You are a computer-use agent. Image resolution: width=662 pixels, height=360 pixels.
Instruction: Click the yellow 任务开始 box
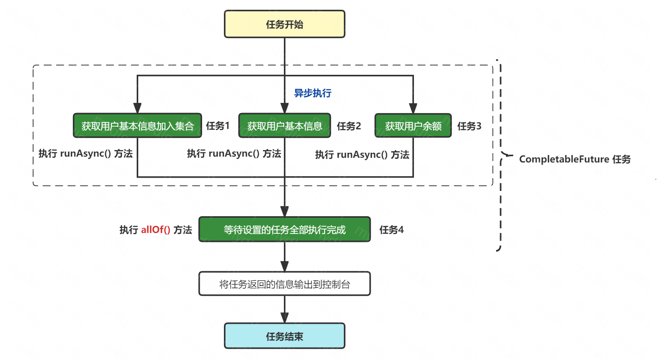pyautogui.click(x=285, y=24)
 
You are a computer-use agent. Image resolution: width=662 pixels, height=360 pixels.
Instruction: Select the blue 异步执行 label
pyautogui.click(x=313, y=93)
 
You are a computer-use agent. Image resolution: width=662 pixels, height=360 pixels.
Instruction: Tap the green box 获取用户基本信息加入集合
pyautogui.click(x=137, y=126)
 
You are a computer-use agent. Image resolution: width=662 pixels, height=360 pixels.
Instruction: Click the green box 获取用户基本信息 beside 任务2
pyautogui.click(x=285, y=126)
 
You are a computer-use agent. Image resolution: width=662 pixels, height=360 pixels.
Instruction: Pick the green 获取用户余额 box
pyautogui.click(x=413, y=126)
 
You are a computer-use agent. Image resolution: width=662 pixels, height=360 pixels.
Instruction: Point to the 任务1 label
pyautogui.click(x=218, y=126)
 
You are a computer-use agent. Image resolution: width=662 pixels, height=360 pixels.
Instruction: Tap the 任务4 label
pyautogui.click(x=392, y=230)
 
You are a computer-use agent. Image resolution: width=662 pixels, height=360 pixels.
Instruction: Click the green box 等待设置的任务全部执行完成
pyautogui.click(x=285, y=230)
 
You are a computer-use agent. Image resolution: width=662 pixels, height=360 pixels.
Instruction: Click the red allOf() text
pyautogui.click(x=156, y=230)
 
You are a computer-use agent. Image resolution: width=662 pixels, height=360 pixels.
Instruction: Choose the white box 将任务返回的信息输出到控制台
pyautogui.click(x=285, y=284)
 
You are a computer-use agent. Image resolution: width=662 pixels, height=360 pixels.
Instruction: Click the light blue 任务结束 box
pyautogui.click(x=285, y=336)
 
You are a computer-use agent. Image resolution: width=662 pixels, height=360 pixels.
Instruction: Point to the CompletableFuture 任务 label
pyautogui.click(x=575, y=159)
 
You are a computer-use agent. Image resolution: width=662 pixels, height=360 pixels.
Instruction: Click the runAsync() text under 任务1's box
pyautogui.click(x=86, y=154)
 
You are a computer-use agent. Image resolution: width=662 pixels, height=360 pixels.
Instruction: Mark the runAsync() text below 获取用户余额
pyautogui.click(x=362, y=155)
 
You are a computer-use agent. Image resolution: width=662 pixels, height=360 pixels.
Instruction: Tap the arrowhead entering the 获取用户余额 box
pyautogui.click(x=413, y=109)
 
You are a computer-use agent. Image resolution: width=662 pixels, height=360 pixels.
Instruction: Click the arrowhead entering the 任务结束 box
pyautogui.click(x=285, y=318)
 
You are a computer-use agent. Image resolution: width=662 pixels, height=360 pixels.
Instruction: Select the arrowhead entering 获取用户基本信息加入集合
pyautogui.click(x=137, y=109)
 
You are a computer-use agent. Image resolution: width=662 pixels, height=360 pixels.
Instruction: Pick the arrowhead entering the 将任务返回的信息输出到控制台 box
pyautogui.click(x=285, y=266)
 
